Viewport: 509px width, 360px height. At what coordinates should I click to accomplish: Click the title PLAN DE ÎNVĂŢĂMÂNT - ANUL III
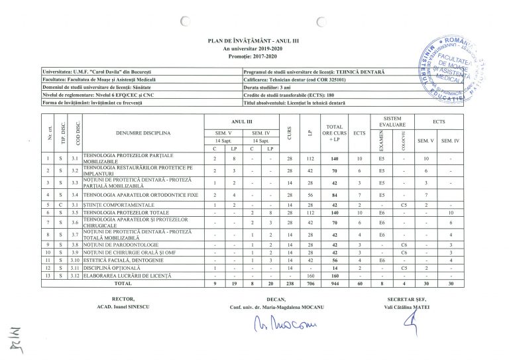pos(254,42)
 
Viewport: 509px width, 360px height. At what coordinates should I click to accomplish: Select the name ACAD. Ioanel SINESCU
pos(125,308)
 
